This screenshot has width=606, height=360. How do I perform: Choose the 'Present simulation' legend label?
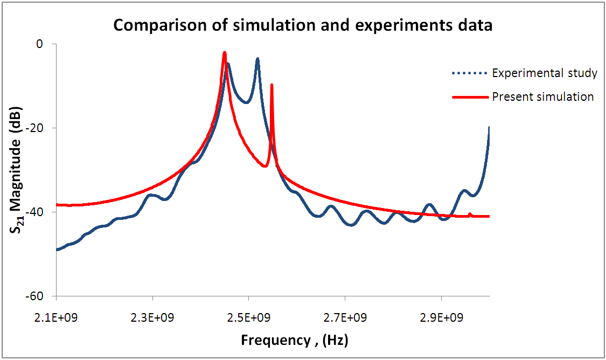[543, 97]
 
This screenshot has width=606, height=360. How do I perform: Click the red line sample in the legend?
[469, 98]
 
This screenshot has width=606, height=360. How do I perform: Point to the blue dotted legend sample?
[469, 73]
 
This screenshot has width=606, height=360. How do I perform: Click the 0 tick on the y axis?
[38, 44]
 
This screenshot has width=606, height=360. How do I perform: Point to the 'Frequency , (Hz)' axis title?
[295, 341]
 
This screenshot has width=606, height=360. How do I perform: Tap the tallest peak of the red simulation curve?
[225, 53]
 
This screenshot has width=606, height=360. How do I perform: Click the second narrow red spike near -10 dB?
[271, 85]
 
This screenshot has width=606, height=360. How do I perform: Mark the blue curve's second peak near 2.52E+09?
[257, 59]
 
